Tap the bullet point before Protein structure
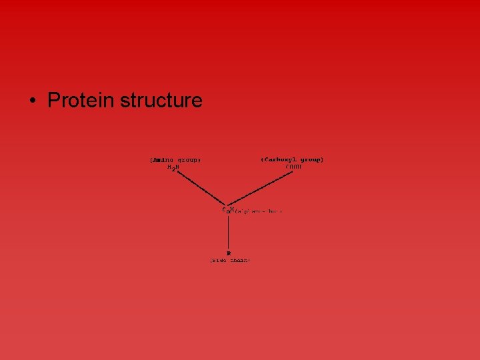(x=32, y=101)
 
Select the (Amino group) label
(x=175, y=160)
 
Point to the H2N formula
(x=173, y=168)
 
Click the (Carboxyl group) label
(x=293, y=160)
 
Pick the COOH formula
(x=294, y=167)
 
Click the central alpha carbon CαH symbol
(x=227, y=210)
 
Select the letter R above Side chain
(x=229, y=253)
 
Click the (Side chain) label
(x=230, y=261)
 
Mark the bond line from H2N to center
(x=200, y=188)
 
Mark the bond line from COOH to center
(x=261, y=189)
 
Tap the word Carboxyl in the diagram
(x=281, y=160)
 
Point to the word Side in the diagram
(x=221, y=261)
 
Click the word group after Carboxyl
(x=311, y=160)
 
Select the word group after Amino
(x=189, y=160)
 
